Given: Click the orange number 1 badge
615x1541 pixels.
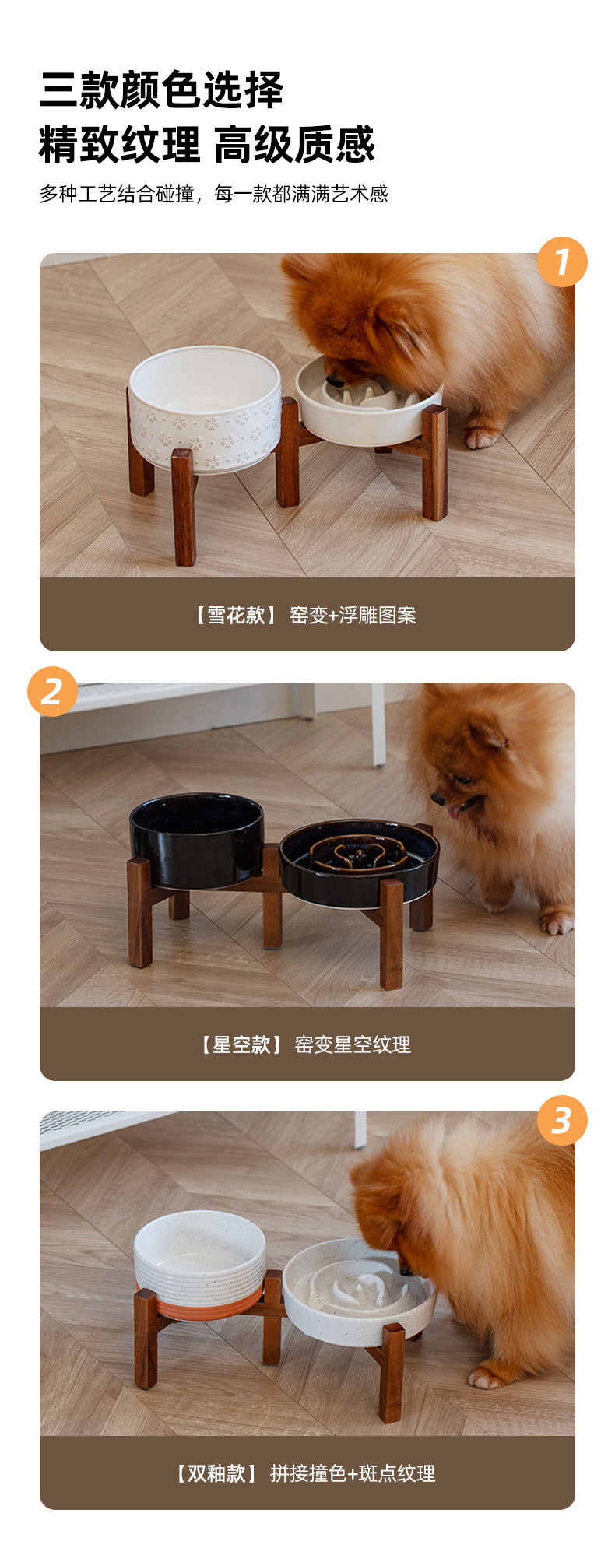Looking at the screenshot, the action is coord(562,262).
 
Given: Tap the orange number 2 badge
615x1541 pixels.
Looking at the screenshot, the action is coord(52,691).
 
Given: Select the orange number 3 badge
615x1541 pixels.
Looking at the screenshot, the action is coord(562,1121).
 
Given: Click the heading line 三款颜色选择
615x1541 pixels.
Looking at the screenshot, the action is coord(162,90).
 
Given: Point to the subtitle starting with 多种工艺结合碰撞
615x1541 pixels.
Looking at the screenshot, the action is coord(213,194).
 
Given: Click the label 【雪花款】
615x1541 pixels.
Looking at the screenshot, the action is coord(234,615).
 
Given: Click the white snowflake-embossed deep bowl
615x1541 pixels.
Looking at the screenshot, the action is coord(205,409).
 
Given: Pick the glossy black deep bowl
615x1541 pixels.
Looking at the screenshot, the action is coord(197,840).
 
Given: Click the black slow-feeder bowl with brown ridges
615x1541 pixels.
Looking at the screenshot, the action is coord(359,862).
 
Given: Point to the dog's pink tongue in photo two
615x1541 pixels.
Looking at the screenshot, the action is coord(453,812).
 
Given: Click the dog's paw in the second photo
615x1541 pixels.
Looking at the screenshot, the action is coord(557,922).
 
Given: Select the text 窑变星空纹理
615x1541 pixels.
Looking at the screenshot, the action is coord(353,1044).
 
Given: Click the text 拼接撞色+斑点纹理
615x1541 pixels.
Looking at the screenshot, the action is coord(353,1473).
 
